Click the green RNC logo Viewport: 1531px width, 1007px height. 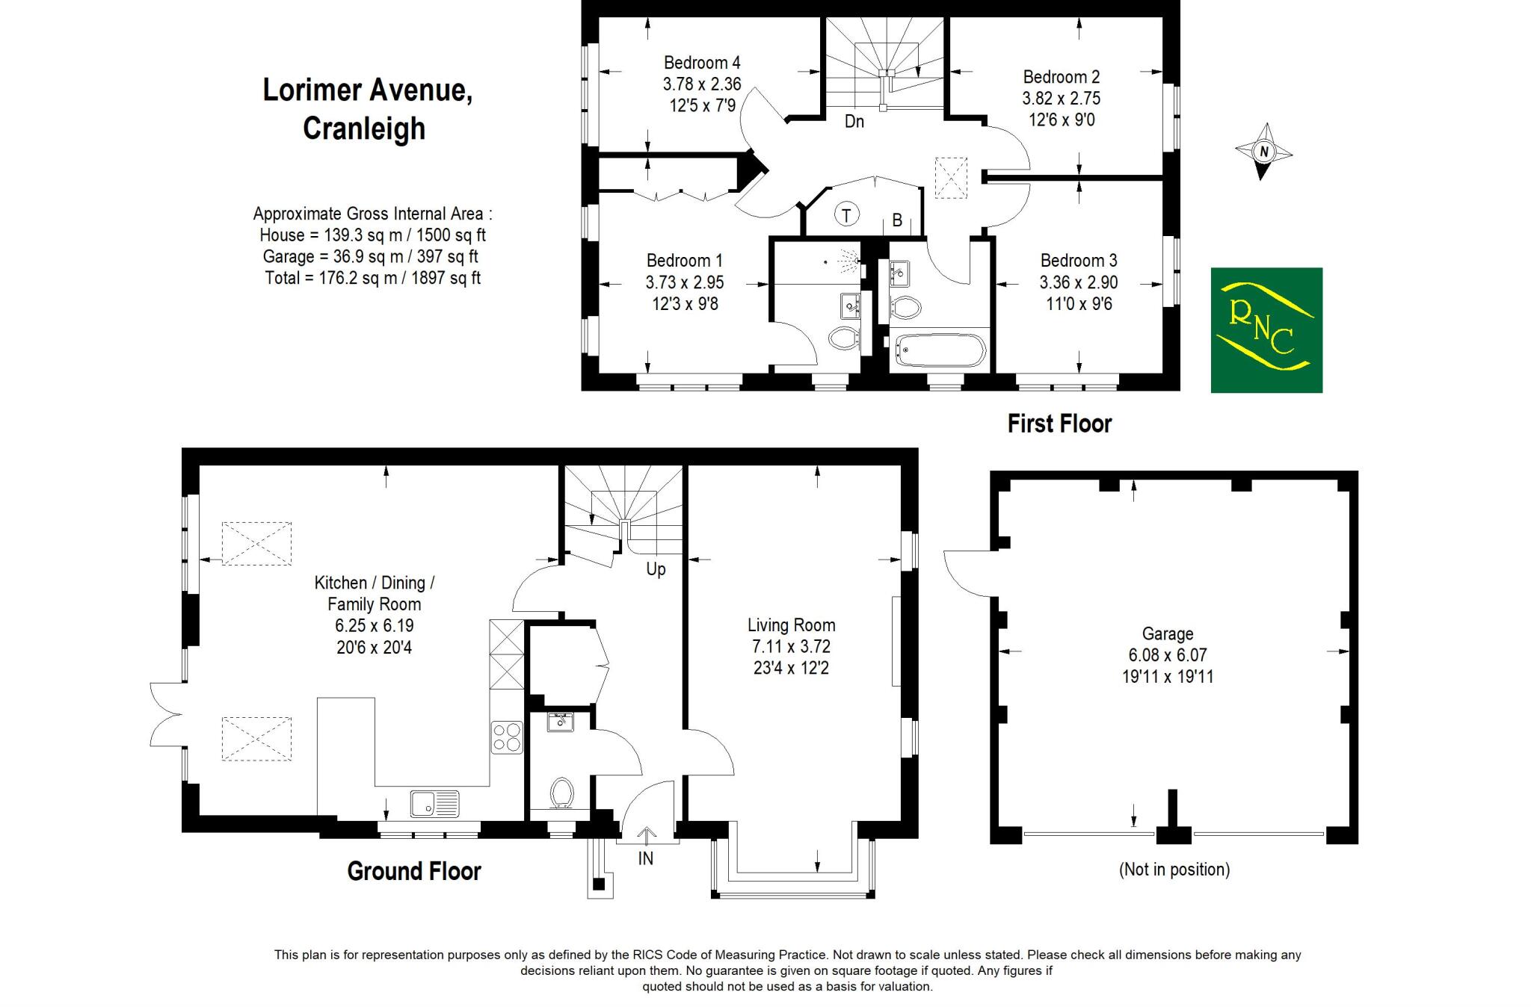click(1266, 329)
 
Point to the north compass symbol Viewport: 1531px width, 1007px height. click(1263, 152)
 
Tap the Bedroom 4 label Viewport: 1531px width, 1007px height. click(701, 63)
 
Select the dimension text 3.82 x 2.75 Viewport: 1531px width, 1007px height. click(1061, 99)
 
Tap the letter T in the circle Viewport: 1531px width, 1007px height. click(845, 215)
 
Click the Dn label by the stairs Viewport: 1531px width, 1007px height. click(854, 121)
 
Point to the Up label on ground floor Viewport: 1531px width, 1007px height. click(655, 569)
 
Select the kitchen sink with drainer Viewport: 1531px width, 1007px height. click(434, 804)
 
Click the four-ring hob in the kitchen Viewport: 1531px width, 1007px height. click(506, 737)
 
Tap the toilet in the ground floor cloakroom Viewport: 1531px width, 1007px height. click(561, 793)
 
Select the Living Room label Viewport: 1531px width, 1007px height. click(791, 625)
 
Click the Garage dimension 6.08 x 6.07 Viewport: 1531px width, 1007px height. click(1167, 655)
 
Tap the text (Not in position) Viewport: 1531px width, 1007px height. click(1174, 869)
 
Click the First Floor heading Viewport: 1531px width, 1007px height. click(1059, 424)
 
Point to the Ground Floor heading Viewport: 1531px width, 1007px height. click(413, 871)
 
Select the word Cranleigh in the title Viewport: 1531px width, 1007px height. click(364, 128)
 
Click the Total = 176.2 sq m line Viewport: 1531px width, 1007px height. click(372, 278)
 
